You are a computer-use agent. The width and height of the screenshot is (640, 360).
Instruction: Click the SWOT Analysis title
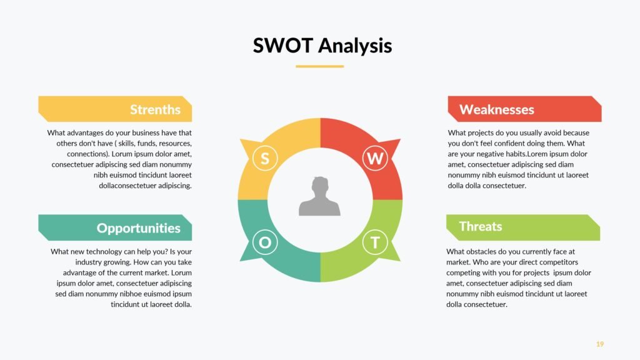point(322,45)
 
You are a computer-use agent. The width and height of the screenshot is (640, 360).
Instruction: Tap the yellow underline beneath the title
point(319,66)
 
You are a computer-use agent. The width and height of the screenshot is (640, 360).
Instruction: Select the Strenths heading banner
point(115,109)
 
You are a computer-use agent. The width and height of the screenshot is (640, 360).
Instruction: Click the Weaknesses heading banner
point(524,109)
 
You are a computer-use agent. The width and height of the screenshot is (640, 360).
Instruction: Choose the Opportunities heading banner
point(115,227)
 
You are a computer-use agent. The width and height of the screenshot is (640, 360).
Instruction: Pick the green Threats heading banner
point(523,227)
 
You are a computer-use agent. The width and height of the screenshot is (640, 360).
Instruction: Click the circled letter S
point(265,158)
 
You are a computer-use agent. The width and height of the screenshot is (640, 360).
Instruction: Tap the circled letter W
point(375,158)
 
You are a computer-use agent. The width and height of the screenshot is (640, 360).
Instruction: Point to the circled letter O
point(265,242)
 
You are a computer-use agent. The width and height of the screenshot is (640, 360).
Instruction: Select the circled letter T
point(375,242)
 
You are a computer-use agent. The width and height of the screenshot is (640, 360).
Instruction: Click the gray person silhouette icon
point(319,196)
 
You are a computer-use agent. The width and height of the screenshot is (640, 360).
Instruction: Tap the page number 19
point(599,344)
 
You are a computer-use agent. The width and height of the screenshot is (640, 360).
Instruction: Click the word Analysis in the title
point(355,46)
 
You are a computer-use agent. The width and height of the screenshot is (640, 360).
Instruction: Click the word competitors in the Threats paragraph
point(559,262)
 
